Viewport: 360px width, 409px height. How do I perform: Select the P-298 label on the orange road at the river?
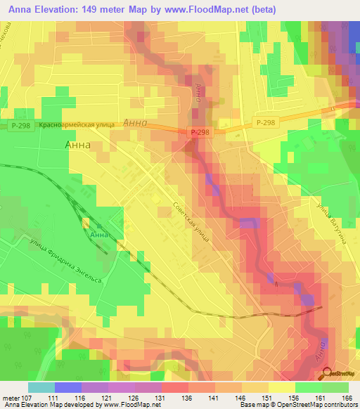pos(199,131)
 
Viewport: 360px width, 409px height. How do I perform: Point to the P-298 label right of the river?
pos(266,122)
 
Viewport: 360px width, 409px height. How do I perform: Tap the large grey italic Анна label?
pos(135,122)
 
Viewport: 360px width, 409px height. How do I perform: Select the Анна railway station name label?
pos(100,235)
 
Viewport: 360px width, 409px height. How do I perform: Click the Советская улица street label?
pos(191,221)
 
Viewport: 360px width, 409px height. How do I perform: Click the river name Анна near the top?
pos(199,93)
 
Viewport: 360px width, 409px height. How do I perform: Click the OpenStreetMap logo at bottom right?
pos(337,373)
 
